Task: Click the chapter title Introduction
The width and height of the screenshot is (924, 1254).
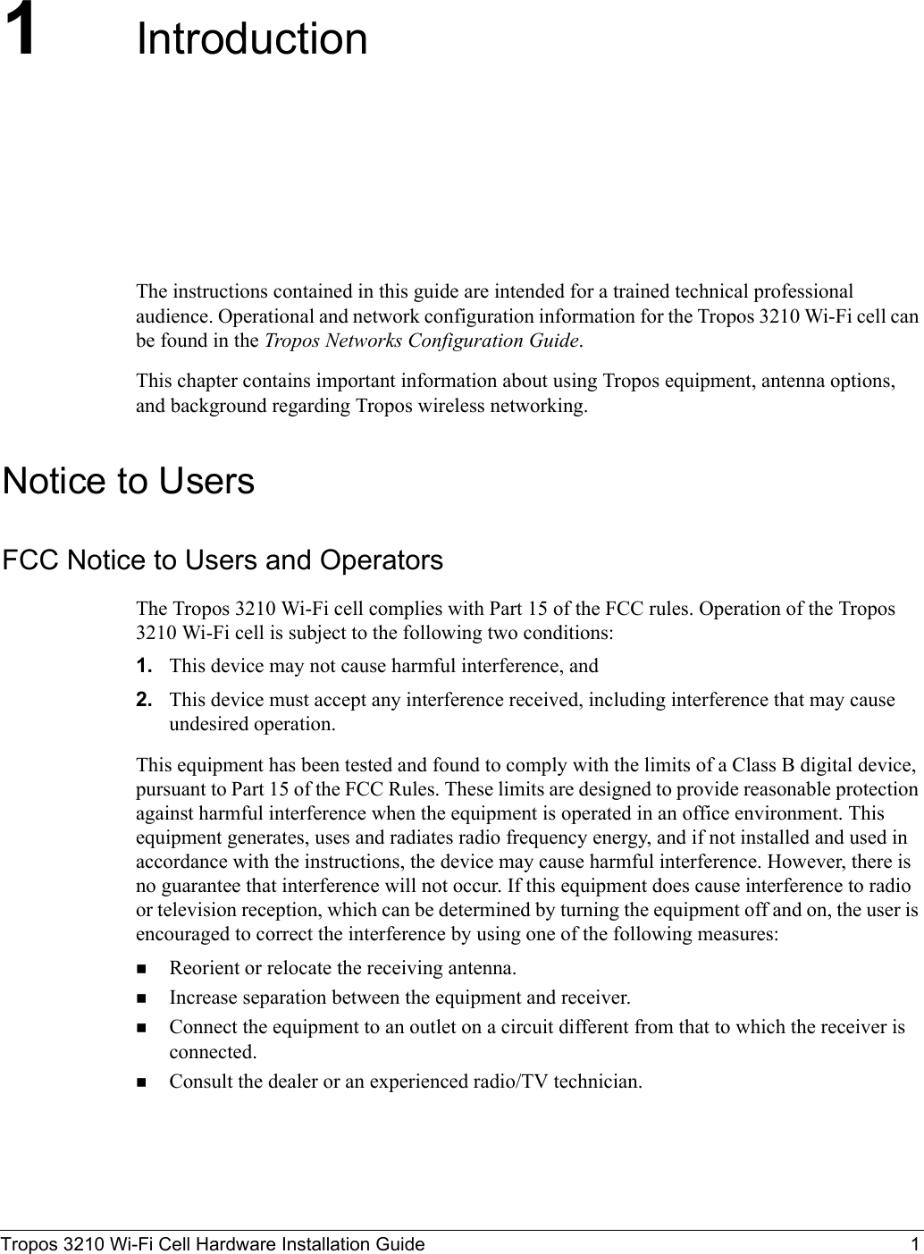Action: (251, 40)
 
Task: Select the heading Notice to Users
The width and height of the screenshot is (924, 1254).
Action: (129, 481)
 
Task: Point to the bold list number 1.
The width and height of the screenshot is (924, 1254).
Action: (143, 666)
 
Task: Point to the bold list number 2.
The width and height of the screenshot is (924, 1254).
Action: (143, 700)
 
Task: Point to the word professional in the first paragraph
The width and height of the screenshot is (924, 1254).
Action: (802, 292)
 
